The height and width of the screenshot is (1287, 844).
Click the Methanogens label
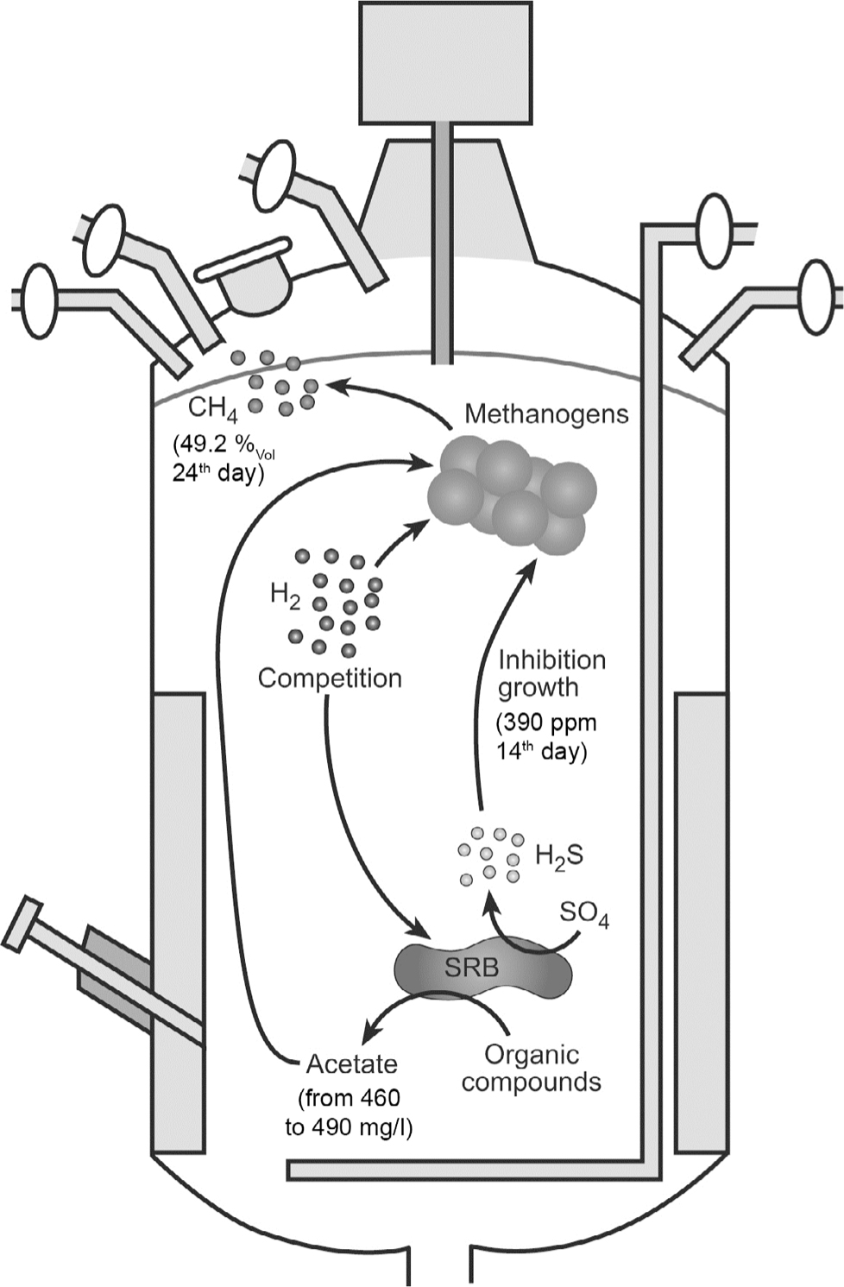click(x=546, y=414)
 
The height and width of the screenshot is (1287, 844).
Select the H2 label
click(x=285, y=596)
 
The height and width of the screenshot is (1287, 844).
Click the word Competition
click(x=330, y=678)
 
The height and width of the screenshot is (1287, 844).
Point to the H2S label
click(x=559, y=855)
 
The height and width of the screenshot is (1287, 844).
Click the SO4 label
click(x=584, y=913)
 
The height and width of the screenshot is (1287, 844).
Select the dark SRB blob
click(x=482, y=968)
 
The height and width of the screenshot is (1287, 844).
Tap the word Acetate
click(x=351, y=1064)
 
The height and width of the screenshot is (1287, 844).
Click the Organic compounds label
click(x=531, y=1068)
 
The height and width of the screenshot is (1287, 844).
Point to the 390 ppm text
click(x=546, y=722)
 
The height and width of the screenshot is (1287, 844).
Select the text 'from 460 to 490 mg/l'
click(x=349, y=1113)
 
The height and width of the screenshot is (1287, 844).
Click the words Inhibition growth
click(x=551, y=674)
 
